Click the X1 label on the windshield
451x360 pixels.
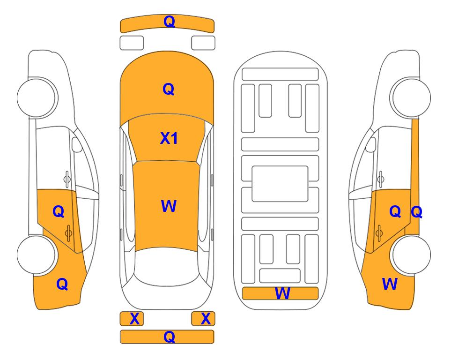(169, 138)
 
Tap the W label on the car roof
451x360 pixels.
(169, 206)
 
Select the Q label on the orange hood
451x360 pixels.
(169, 89)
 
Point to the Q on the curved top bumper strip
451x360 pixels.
(170, 22)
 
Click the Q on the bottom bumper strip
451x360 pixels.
(170, 337)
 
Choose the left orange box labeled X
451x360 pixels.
(132, 319)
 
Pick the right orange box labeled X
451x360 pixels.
(203, 319)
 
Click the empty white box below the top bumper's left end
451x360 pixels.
(132, 43)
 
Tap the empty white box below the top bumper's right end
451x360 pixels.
(203, 43)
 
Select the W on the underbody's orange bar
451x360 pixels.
(282, 293)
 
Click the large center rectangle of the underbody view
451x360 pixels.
(280, 184)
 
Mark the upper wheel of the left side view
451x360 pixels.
(37, 97)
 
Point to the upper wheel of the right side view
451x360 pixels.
(410, 97)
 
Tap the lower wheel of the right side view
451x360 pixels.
(410, 255)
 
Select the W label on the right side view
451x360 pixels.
(390, 284)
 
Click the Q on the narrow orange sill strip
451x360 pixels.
(416, 212)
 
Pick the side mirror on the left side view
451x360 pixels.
(76, 144)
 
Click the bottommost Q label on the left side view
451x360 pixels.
(62, 284)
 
